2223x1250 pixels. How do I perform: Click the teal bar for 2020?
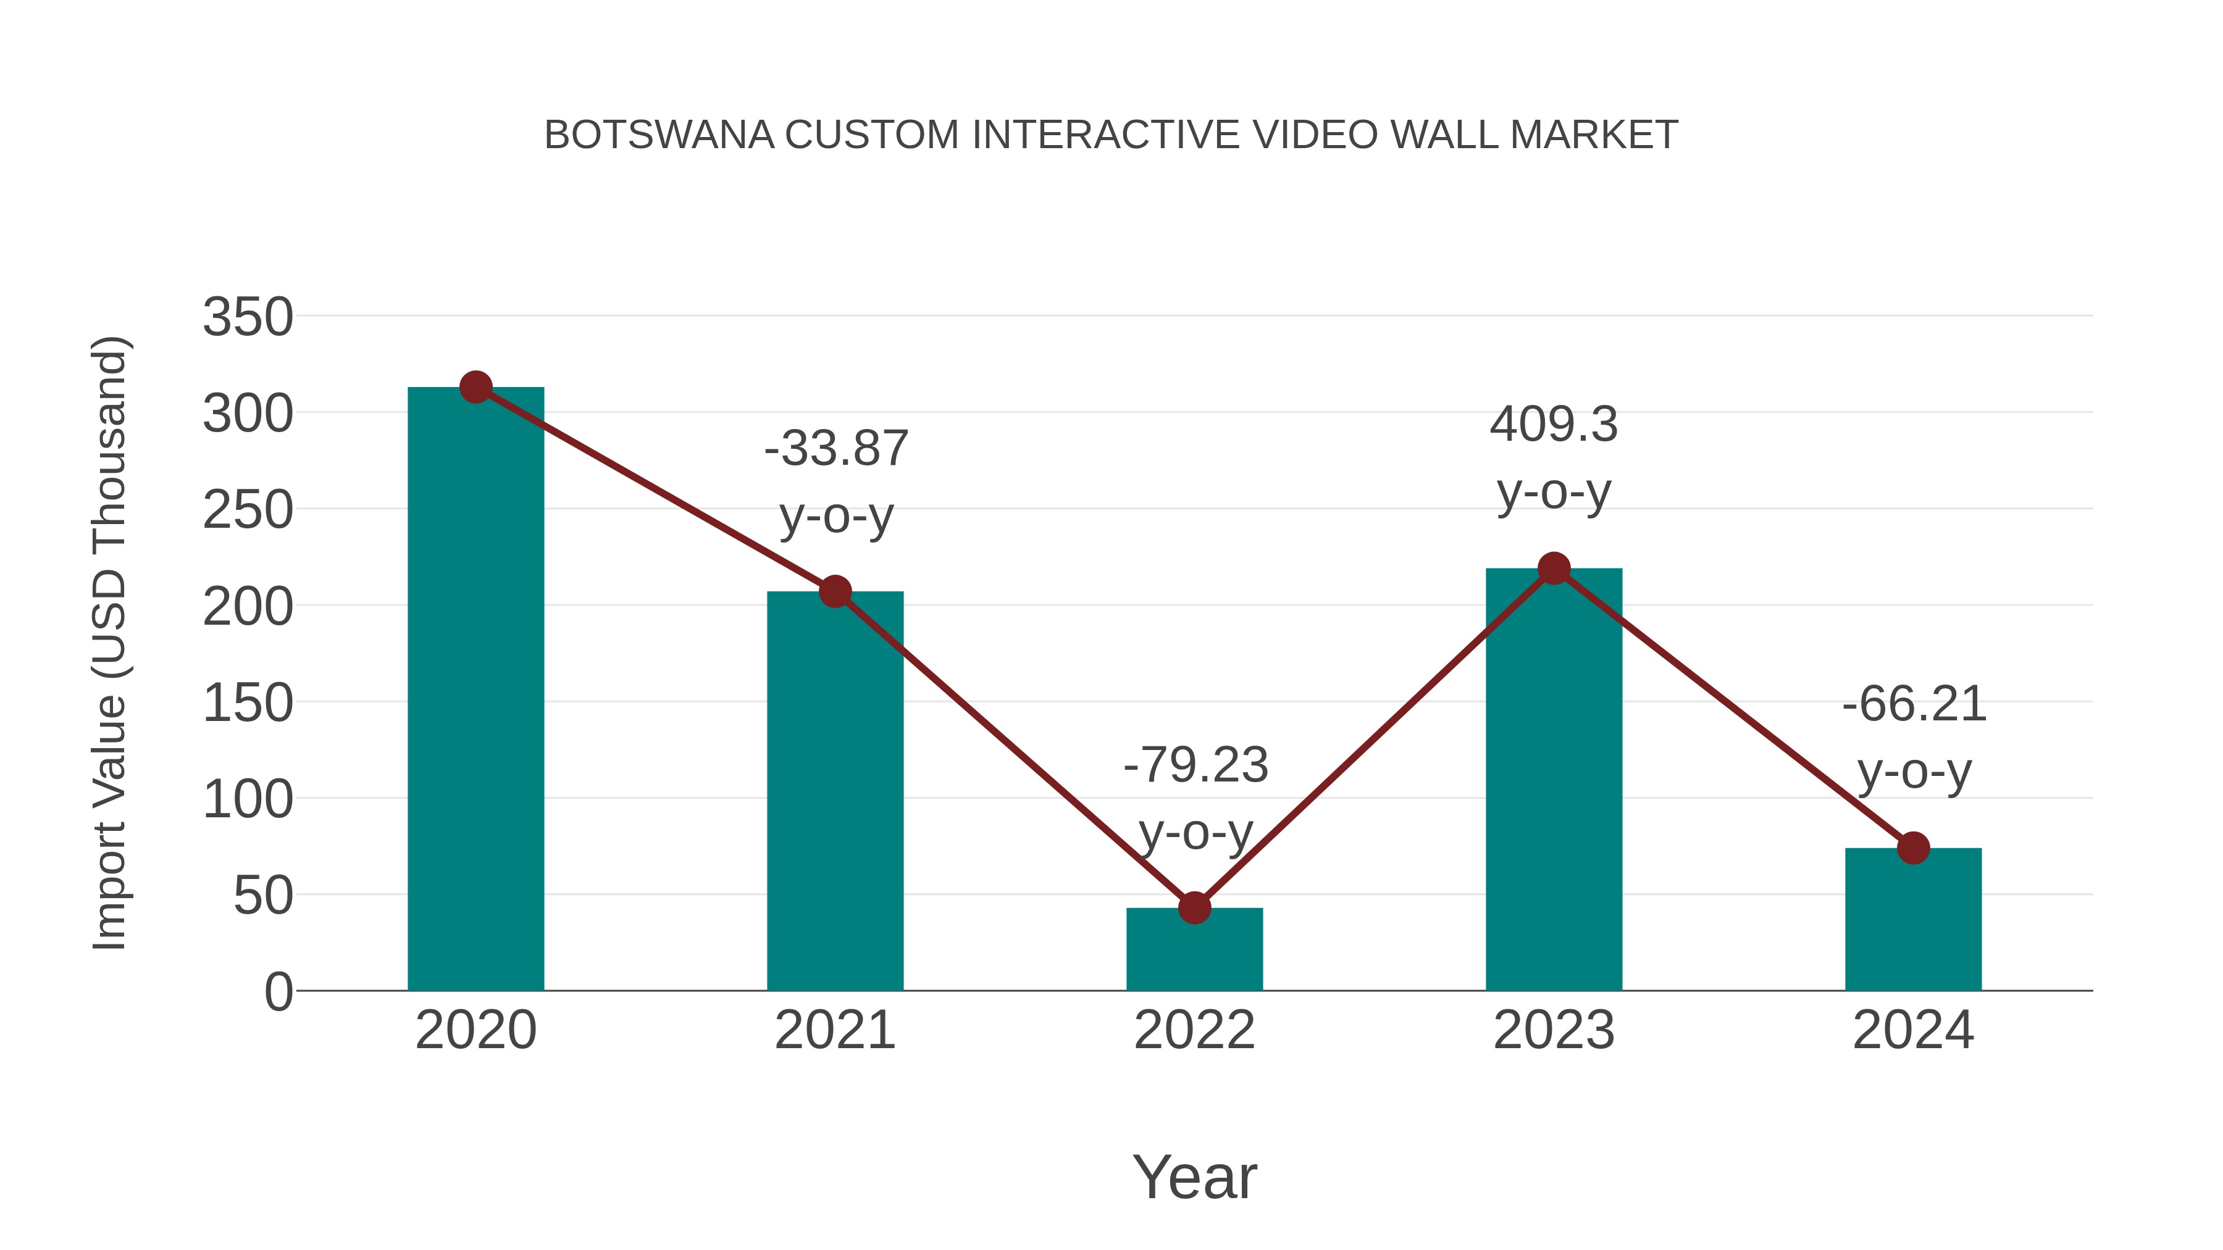475,690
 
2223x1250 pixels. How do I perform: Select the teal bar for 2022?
1194,949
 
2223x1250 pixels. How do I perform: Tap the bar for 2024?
1913,920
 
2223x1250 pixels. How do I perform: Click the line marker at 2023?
1554,569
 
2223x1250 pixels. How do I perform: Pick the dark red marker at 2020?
475,387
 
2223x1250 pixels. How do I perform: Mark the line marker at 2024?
1913,848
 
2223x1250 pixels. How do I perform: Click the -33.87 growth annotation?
836,449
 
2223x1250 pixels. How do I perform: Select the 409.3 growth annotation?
1554,425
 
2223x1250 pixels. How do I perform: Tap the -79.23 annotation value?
1195,765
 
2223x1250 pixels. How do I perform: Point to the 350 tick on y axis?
248,317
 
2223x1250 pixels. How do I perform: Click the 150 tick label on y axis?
248,703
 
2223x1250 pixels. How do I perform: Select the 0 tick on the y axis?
278,992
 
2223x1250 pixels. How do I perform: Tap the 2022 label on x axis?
1194,1030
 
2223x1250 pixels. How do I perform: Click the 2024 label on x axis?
1913,1030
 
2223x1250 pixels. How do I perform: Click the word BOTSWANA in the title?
659,135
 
